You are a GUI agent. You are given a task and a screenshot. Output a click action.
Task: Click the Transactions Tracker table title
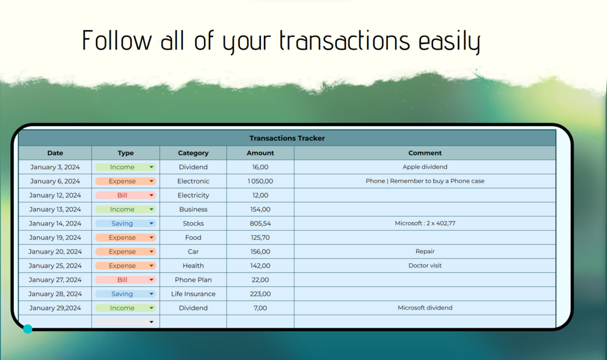coord(287,138)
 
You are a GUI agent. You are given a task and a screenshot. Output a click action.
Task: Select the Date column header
coord(55,153)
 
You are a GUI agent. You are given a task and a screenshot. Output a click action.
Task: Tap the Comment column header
coord(425,153)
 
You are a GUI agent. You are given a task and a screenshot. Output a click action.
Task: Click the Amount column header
coord(260,153)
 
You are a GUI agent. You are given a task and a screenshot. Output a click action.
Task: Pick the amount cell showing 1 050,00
coord(260,181)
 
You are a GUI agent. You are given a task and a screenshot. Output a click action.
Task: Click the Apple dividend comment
coord(425,167)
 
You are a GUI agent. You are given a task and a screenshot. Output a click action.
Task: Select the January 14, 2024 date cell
coord(55,223)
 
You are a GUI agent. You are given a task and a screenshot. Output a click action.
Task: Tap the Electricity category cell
coord(193,195)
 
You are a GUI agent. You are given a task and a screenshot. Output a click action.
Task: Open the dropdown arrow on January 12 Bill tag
coord(152,195)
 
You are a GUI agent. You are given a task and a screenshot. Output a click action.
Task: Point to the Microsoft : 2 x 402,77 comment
coord(425,223)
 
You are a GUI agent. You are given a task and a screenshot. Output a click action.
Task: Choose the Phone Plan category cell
coord(193,280)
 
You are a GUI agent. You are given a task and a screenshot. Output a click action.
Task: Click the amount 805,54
coord(260,223)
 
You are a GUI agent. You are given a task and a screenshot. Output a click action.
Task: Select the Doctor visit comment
coord(425,266)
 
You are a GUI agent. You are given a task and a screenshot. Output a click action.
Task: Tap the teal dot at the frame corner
coord(28,329)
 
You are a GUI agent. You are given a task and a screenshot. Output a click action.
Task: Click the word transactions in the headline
coord(344,40)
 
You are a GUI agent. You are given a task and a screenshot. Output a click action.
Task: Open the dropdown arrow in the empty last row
coord(152,322)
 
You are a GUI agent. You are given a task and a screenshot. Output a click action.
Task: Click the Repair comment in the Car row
coord(425,251)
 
